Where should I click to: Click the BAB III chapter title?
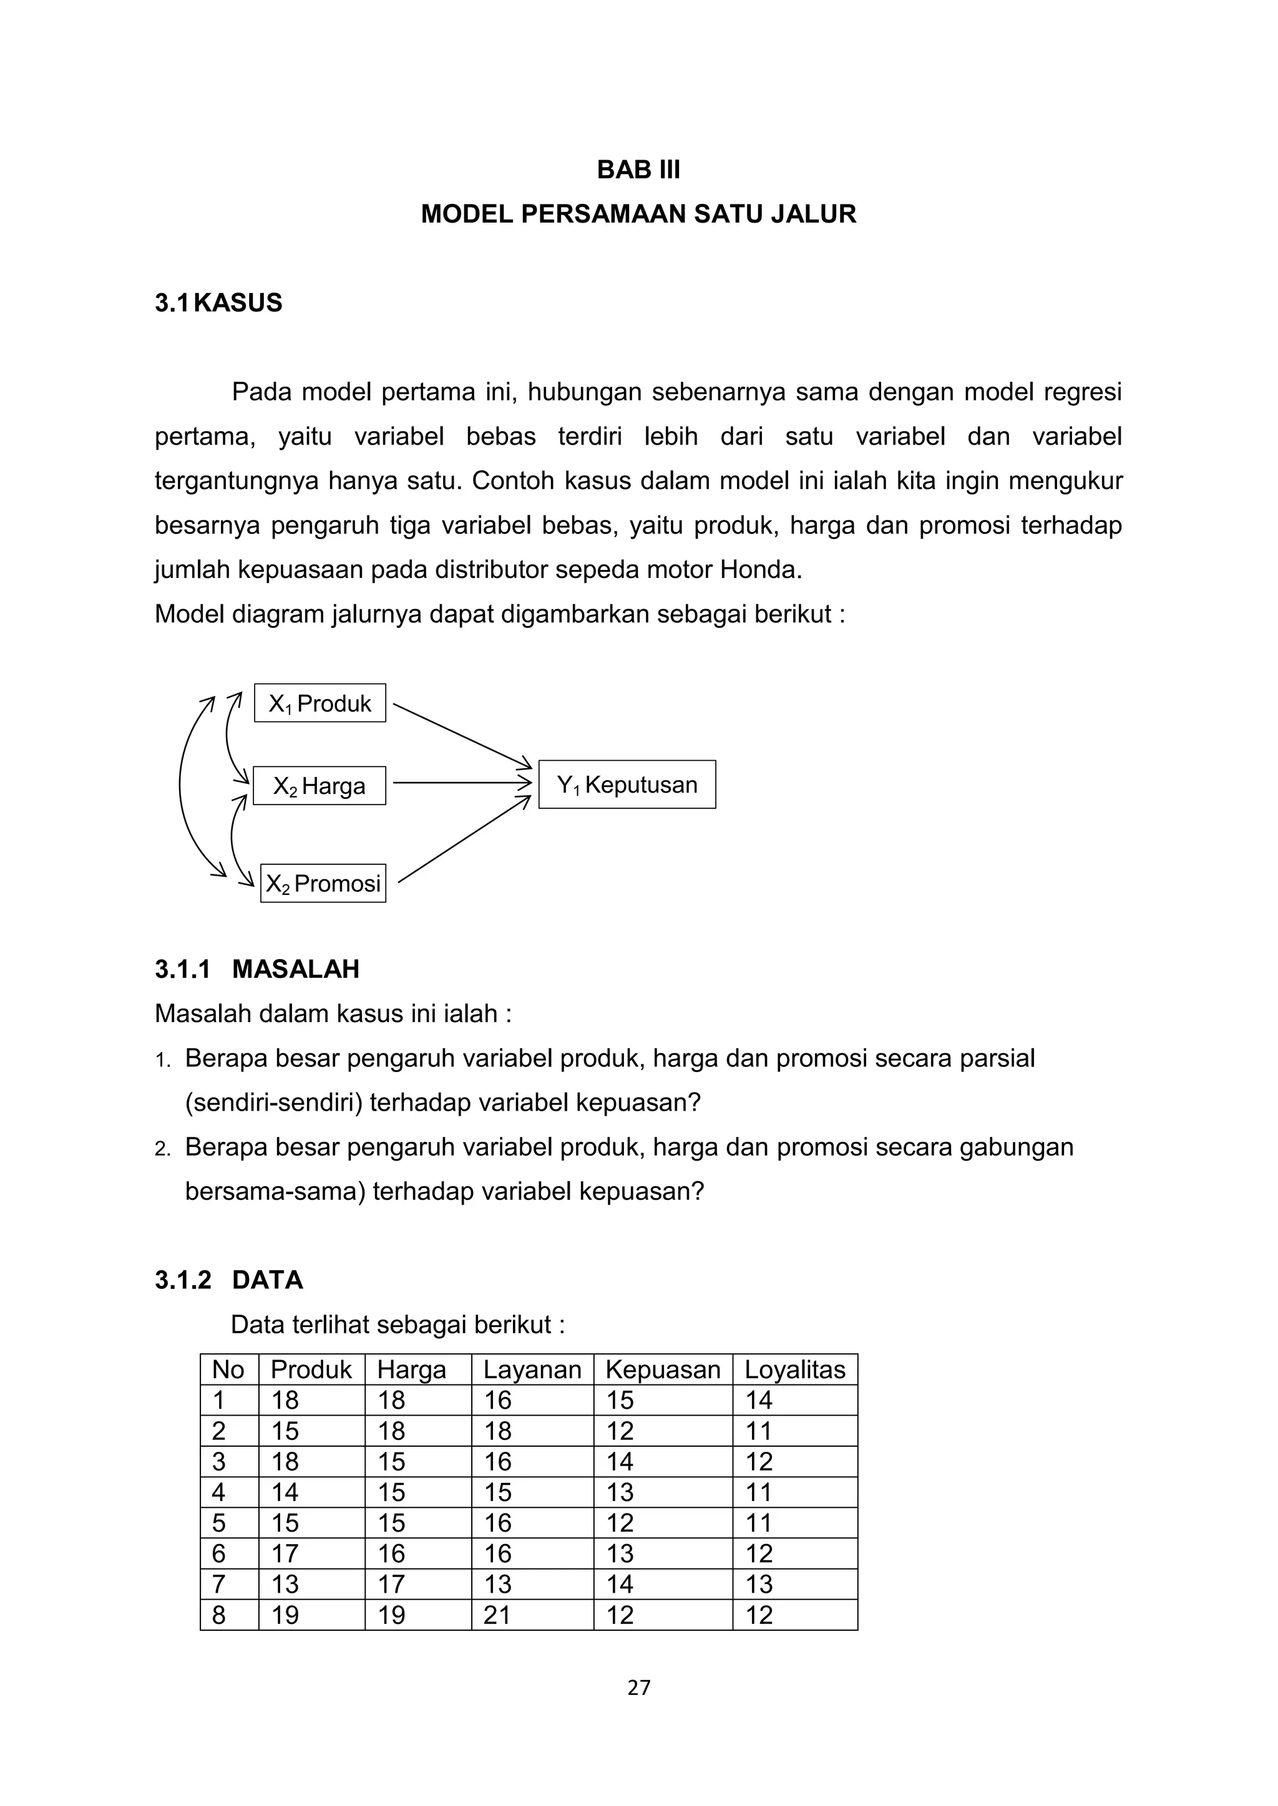[x=638, y=170]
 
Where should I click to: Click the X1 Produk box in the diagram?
[x=319, y=703]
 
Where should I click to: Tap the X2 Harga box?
[x=319, y=786]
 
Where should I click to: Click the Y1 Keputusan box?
[x=627, y=785]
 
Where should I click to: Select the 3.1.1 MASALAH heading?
[x=256, y=969]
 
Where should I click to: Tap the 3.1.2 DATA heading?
[x=228, y=1280]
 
